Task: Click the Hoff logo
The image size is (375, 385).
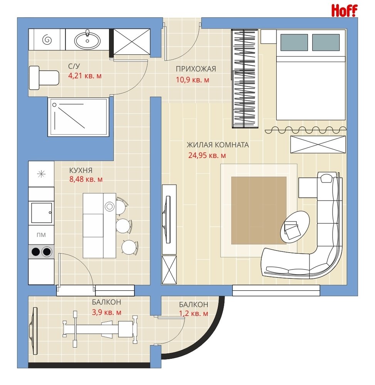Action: point(344,11)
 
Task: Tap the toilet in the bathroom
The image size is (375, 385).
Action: point(44,78)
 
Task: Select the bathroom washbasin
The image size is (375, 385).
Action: point(87,39)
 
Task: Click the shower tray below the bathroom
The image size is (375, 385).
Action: point(78,117)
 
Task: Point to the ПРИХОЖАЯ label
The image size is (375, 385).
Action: point(196,69)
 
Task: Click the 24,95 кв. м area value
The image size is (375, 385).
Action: point(207,155)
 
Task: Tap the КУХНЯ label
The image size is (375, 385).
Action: point(81,171)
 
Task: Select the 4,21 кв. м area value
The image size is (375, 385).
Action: point(85,75)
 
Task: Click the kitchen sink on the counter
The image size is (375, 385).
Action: point(42,213)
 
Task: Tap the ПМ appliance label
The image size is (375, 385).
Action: point(41,235)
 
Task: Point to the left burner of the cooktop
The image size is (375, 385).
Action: point(36,252)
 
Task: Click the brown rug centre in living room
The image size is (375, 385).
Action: point(259,211)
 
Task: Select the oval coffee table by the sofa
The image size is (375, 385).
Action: point(295,226)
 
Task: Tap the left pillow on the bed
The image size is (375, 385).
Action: point(294,42)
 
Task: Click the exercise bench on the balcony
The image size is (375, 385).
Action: point(100,327)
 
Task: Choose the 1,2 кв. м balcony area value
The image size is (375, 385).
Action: point(193,313)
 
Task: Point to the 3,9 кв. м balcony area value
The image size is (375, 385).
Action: point(106,312)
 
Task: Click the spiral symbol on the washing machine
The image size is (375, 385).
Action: point(47,40)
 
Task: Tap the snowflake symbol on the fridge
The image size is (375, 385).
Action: point(41,174)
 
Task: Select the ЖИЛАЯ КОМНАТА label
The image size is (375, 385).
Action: point(218,145)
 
